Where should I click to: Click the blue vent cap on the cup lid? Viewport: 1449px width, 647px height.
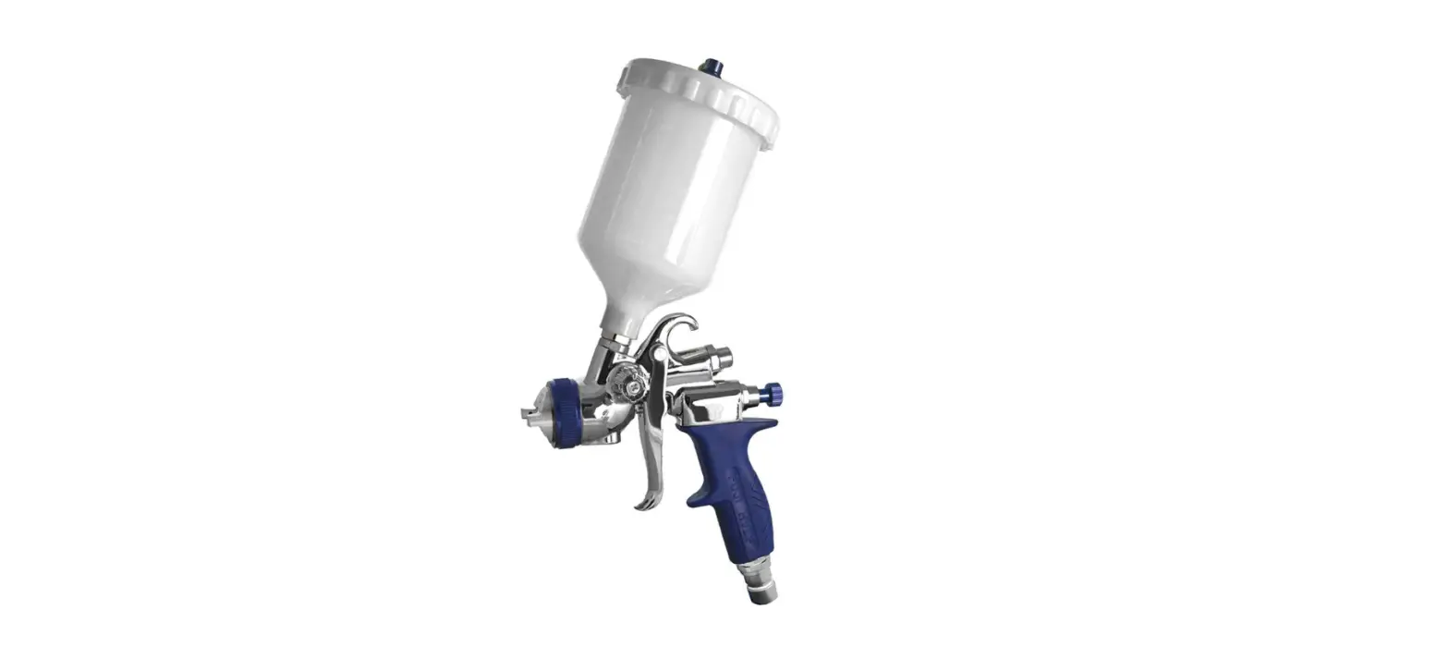(x=711, y=67)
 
